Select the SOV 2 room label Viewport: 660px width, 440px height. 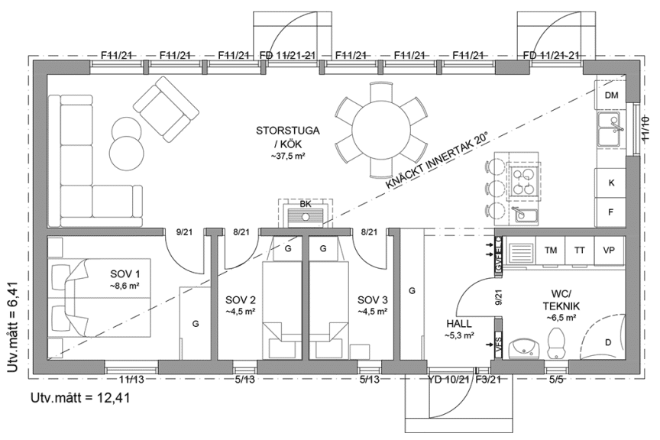point(241,304)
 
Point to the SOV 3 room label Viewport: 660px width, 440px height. point(373,304)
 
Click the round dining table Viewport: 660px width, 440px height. point(379,128)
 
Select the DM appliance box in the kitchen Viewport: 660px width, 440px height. point(610,95)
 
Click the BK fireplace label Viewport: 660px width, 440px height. point(306,205)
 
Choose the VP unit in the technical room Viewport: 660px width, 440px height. point(609,250)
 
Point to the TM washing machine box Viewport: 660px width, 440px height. point(550,250)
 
